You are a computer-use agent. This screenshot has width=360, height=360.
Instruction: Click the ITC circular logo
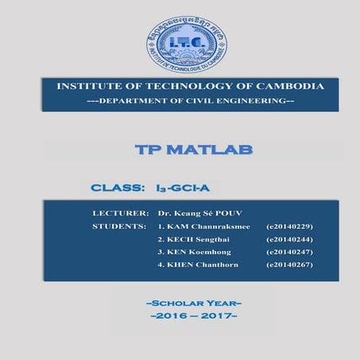(185, 46)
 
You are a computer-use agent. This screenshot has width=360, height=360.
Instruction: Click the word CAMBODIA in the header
(286, 86)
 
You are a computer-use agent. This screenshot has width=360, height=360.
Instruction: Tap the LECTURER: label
(121, 214)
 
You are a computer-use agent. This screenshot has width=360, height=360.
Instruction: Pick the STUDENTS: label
(120, 226)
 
